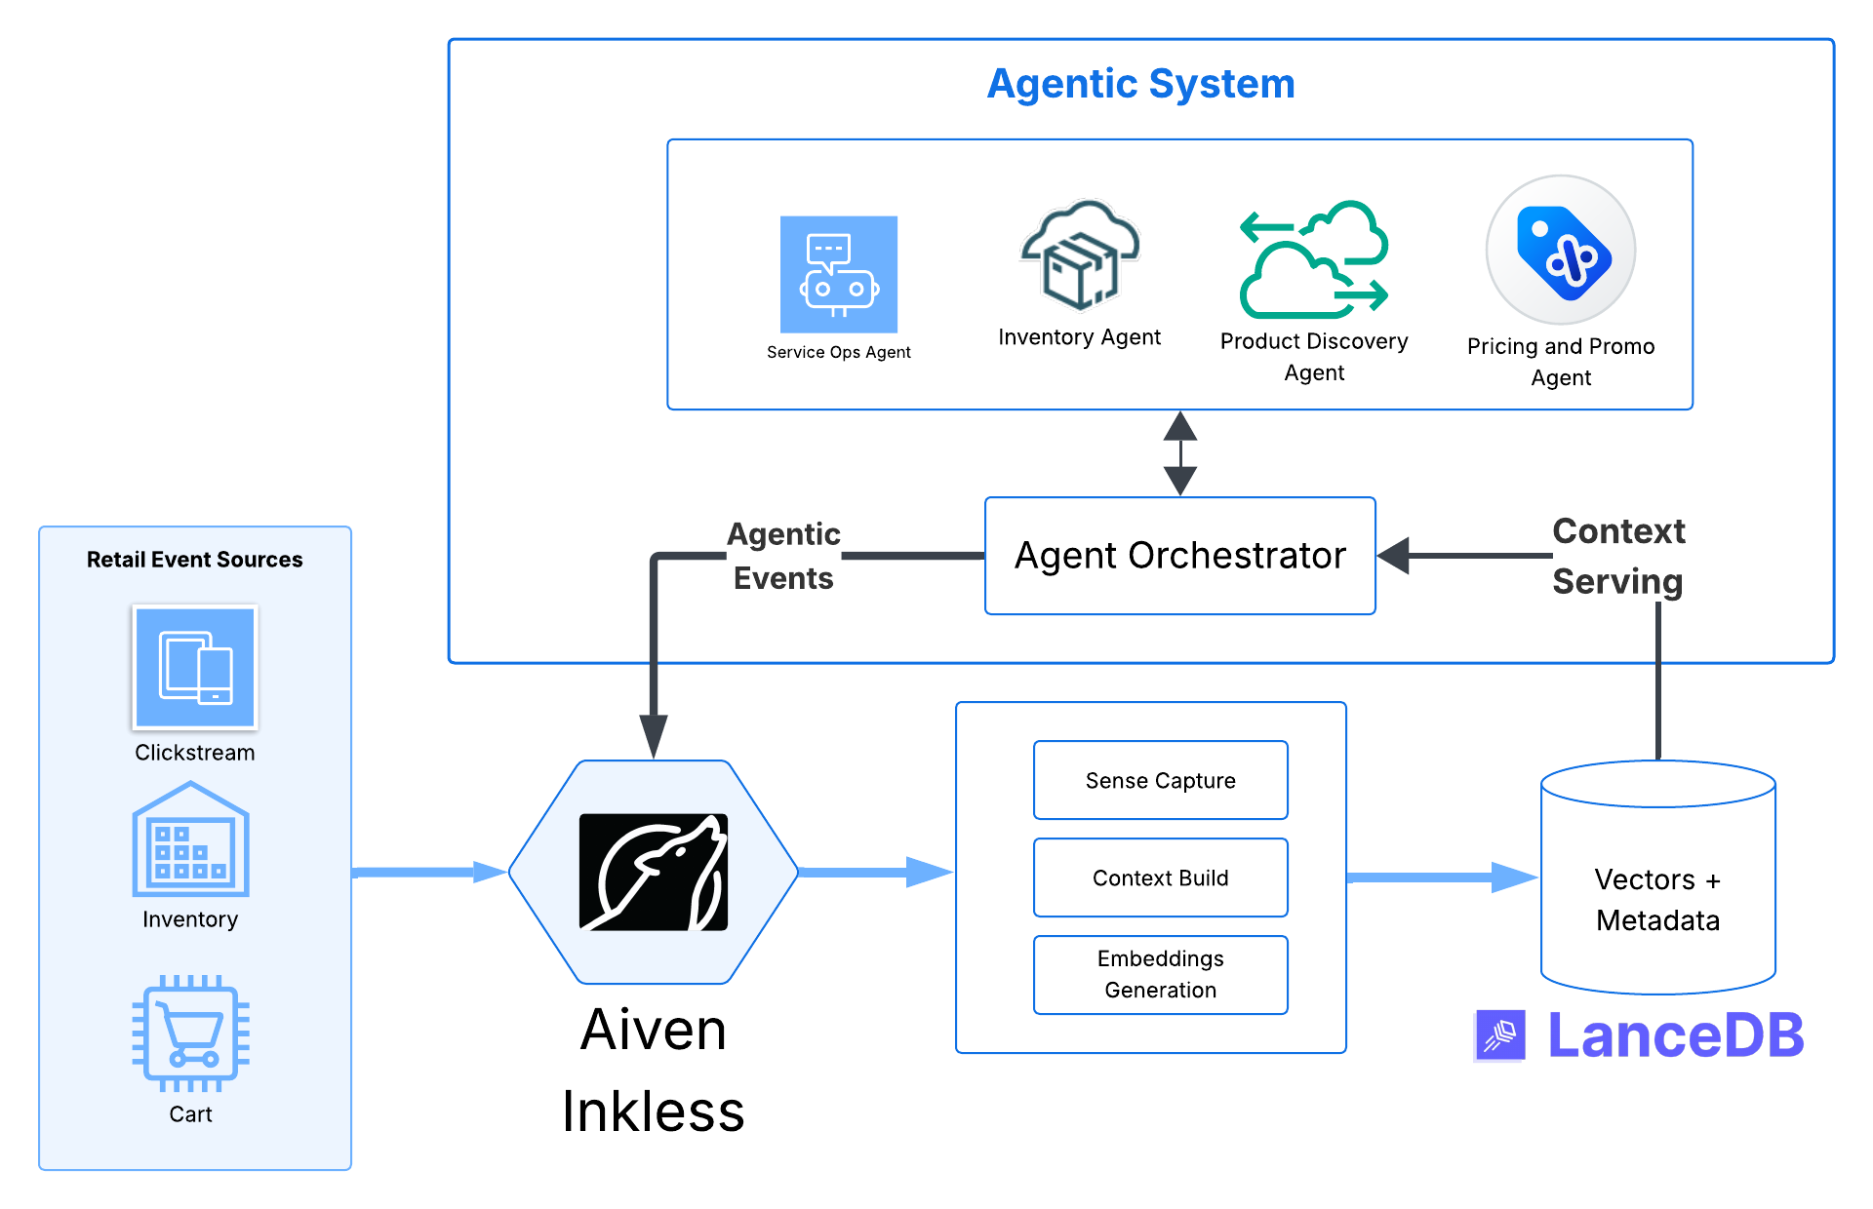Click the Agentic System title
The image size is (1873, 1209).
[x=1140, y=84]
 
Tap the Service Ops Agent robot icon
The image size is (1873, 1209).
[x=838, y=275]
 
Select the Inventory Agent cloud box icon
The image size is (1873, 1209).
[x=1080, y=255]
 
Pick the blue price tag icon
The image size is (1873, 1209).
[x=1561, y=251]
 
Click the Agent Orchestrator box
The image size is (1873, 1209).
[x=1179, y=556]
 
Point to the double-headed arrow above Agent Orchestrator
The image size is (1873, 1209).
[x=1180, y=453]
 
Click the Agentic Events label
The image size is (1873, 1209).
[x=783, y=556]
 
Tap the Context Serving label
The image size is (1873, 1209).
[x=1617, y=556]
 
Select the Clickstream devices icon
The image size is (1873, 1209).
[x=195, y=668]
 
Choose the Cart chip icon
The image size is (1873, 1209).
[x=191, y=1033]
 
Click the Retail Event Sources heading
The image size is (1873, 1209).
[x=195, y=560]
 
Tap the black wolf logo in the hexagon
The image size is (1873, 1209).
[x=654, y=872]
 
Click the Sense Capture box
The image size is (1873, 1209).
[x=1160, y=780]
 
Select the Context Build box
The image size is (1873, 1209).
[x=1160, y=877]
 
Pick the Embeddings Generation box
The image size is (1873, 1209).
[x=1160, y=974]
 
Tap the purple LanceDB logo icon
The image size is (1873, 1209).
[x=1500, y=1035]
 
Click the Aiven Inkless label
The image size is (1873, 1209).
[x=654, y=1071]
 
